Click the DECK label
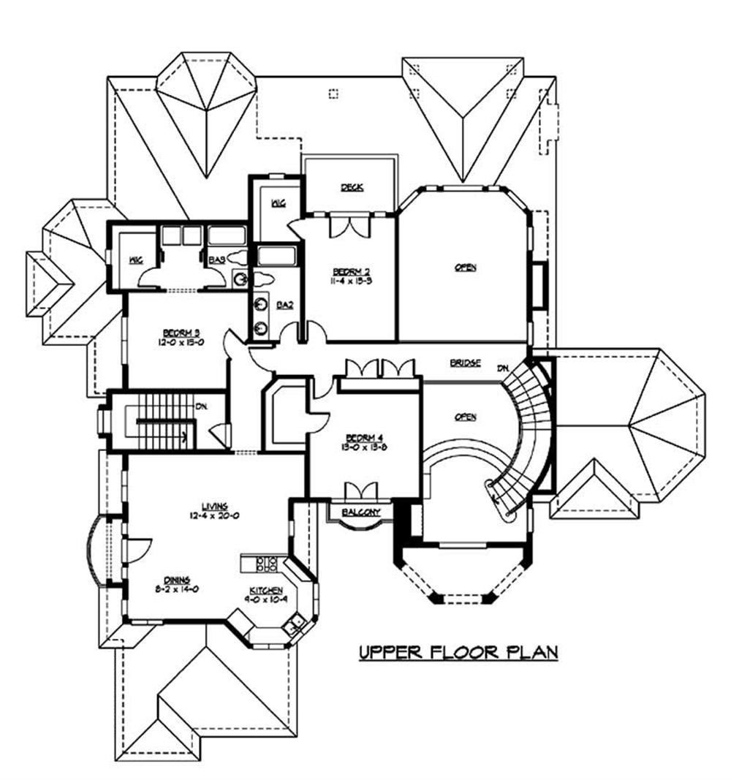coord(352,188)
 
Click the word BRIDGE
coord(465,363)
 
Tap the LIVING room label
coord(216,505)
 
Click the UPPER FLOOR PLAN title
coord(458,651)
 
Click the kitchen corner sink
coord(296,624)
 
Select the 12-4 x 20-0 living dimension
coord(216,515)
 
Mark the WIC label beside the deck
coord(277,204)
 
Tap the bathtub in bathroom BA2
coord(274,258)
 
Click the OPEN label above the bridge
coord(465,268)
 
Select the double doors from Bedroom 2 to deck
coord(346,226)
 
